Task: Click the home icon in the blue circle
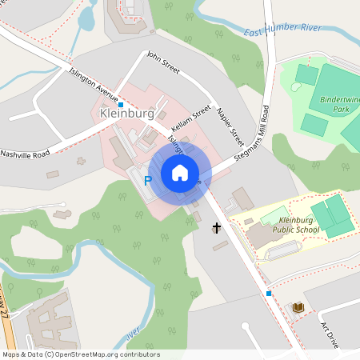(180, 172)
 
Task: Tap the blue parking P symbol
(147, 182)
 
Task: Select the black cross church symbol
(216, 229)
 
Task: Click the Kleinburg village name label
(126, 114)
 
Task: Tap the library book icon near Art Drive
(298, 307)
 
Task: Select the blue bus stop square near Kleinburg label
(121, 104)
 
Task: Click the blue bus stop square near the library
(269, 293)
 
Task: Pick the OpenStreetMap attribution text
(81, 354)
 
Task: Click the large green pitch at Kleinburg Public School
(331, 217)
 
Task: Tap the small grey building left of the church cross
(196, 217)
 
